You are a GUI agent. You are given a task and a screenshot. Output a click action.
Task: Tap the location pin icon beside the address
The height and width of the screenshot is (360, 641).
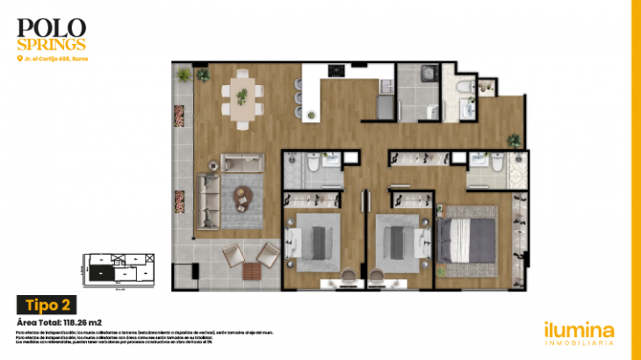(x=19, y=59)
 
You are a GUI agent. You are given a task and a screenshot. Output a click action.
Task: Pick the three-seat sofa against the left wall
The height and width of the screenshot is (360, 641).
(x=207, y=200)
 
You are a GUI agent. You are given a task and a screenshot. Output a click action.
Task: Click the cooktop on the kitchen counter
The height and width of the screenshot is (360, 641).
(x=336, y=69)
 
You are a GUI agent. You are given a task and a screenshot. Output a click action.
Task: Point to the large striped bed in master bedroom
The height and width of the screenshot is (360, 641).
(x=470, y=238)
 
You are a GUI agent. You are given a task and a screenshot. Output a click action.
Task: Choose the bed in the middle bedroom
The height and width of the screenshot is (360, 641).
(x=401, y=239)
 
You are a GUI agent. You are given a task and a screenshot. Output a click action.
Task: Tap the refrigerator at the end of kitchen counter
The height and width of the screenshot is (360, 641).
(x=385, y=105)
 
